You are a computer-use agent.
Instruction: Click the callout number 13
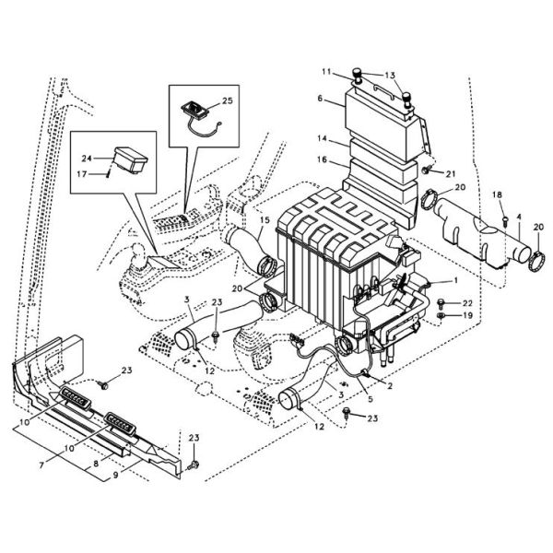tap(389, 75)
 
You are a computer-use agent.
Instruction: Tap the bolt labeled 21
tap(427, 172)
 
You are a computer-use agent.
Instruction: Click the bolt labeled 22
tap(445, 302)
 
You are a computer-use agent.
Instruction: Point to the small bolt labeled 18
tap(506, 218)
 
